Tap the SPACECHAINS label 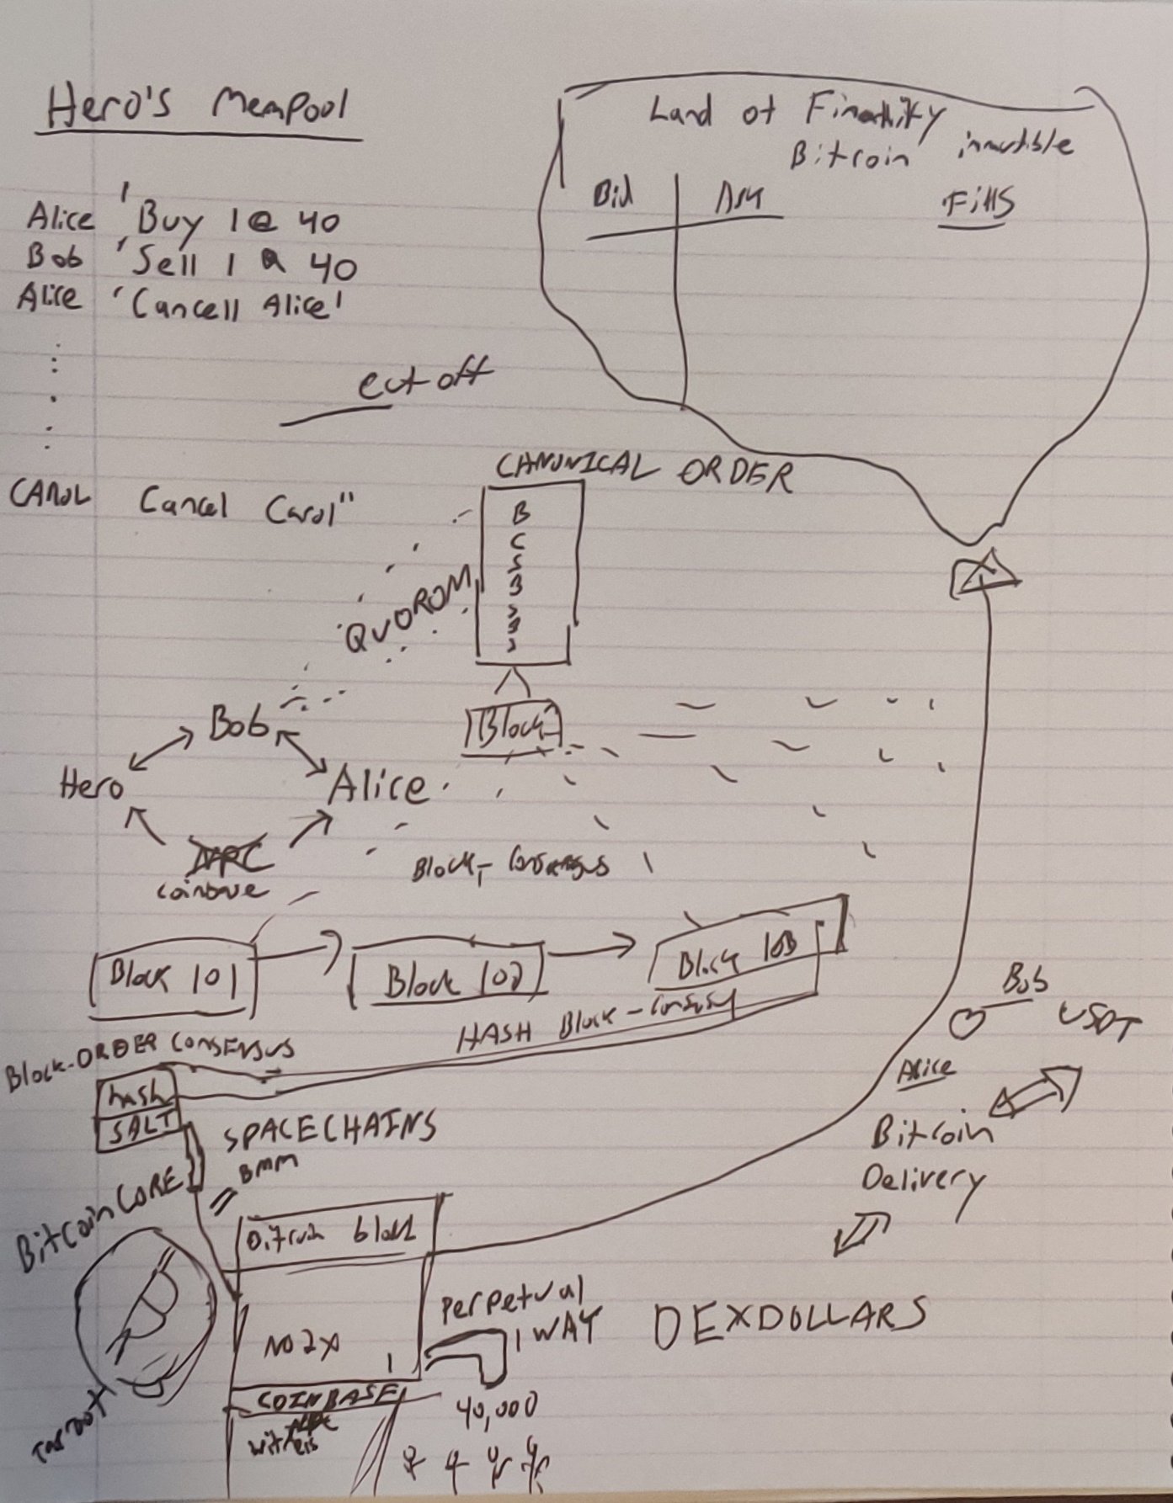pos(328,1129)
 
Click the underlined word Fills pos(977,204)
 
